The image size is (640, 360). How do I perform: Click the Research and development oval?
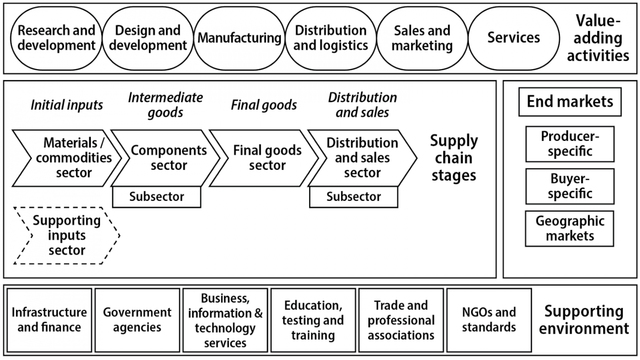(56, 38)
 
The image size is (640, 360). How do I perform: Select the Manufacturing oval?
(239, 38)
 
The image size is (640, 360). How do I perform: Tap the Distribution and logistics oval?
(331, 38)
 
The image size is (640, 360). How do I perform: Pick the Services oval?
(513, 38)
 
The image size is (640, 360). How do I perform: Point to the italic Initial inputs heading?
(67, 105)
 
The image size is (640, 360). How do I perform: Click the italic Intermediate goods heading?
(165, 105)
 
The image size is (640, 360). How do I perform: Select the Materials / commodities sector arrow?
(69, 158)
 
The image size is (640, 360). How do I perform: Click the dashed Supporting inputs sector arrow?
(67, 235)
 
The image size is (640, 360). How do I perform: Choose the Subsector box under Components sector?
(157, 197)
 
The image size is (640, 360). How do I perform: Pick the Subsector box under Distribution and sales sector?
(353, 197)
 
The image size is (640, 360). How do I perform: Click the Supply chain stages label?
(454, 158)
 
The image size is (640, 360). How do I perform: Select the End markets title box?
(570, 102)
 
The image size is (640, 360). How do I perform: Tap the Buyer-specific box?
(570, 186)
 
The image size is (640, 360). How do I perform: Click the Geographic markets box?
(570, 228)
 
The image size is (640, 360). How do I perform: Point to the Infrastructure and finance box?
(49, 320)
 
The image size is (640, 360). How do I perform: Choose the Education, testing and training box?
(313, 320)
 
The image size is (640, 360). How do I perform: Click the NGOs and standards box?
(489, 320)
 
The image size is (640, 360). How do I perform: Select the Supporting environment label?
(583, 320)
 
